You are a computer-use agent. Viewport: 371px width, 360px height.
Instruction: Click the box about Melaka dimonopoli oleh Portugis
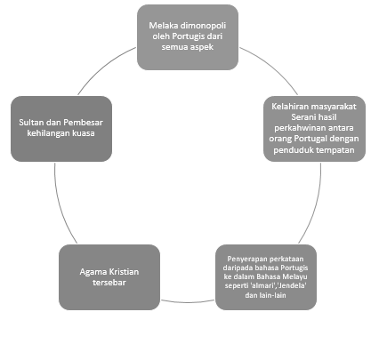[188, 37]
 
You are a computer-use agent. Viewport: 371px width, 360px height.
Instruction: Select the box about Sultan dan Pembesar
[61, 129]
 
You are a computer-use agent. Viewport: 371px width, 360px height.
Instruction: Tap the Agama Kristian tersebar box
[109, 277]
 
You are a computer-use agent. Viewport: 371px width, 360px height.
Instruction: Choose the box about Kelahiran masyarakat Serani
[314, 129]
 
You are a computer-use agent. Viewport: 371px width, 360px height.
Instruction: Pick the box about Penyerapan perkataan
[266, 277]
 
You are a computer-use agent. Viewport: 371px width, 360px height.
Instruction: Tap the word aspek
[201, 47]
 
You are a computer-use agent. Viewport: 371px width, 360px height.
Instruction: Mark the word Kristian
[124, 272]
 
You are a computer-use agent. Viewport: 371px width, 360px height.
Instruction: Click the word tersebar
[109, 283]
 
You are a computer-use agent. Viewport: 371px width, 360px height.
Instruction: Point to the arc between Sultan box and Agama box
[60, 205]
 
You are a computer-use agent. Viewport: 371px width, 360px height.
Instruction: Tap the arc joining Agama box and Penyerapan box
[188, 302]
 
